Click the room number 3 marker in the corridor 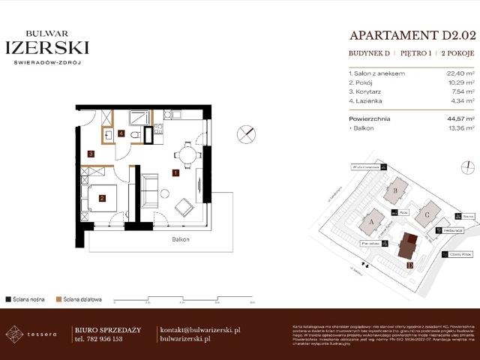tap(91, 154)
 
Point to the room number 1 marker tap(175, 173)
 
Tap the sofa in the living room tap(149, 190)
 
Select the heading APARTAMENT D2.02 tap(412, 35)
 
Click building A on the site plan tap(372, 222)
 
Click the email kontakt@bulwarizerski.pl tap(199, 329)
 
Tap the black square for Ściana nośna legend tap(7, 298)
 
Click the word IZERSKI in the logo tap(47, 47)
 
